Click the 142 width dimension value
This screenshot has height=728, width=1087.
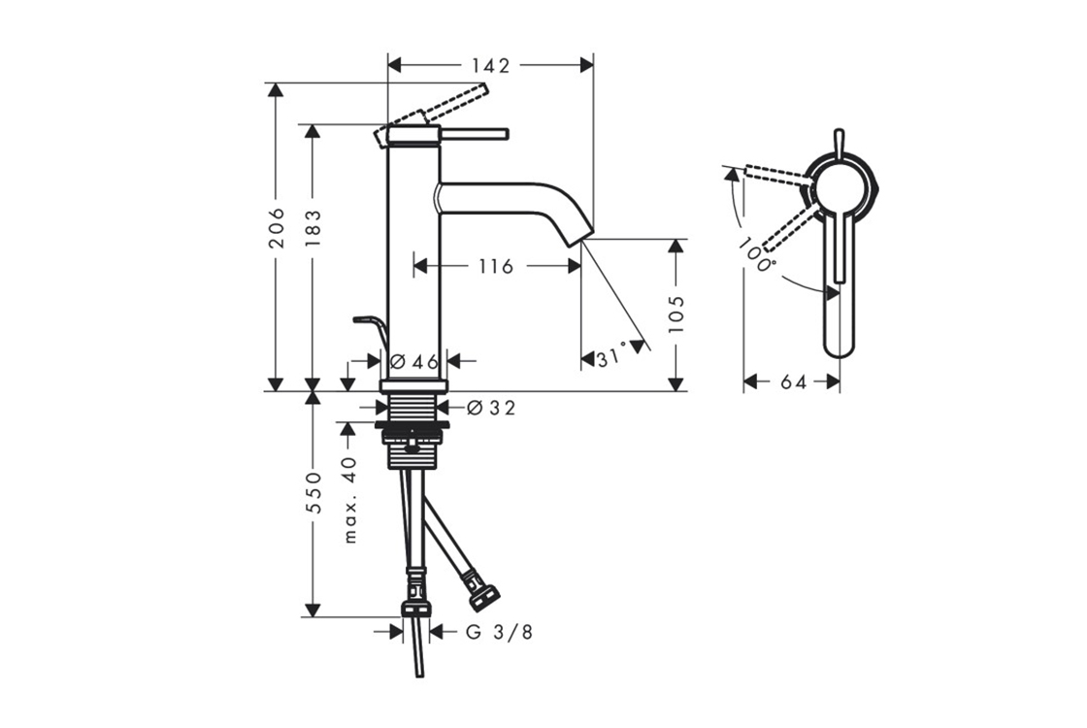point(490,65)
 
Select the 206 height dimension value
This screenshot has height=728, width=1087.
point(277,227)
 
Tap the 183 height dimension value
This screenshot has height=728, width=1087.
point(313,229)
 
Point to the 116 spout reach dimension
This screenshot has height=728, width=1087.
point(496,266)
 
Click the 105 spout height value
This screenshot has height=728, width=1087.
point(676,314)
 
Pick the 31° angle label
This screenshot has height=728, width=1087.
point(611,358)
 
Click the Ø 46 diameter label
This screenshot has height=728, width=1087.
point(414,361)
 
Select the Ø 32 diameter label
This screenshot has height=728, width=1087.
point(491,409)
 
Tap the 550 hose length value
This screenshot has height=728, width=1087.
point(314,493)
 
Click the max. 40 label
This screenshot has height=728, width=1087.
point(350,499)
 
